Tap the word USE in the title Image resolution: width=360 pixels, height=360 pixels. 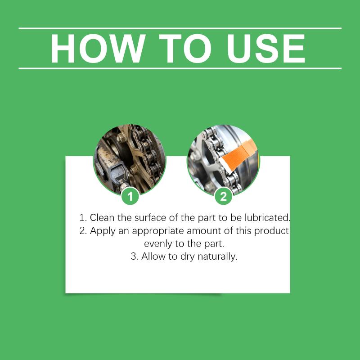(266, 49)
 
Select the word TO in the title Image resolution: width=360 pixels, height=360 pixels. (185, 49)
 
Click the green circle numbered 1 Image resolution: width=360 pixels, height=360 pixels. (130, 196)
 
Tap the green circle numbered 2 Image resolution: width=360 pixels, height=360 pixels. (223, 196)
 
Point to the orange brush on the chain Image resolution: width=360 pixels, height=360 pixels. (238, 155)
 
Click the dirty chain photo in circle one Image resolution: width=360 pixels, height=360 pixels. (130, 159)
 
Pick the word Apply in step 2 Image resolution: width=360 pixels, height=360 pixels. (103, 231)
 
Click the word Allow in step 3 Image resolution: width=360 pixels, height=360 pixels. (153, 256)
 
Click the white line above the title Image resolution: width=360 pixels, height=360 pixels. (180, 28)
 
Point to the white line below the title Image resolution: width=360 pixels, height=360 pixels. (180, 68)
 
